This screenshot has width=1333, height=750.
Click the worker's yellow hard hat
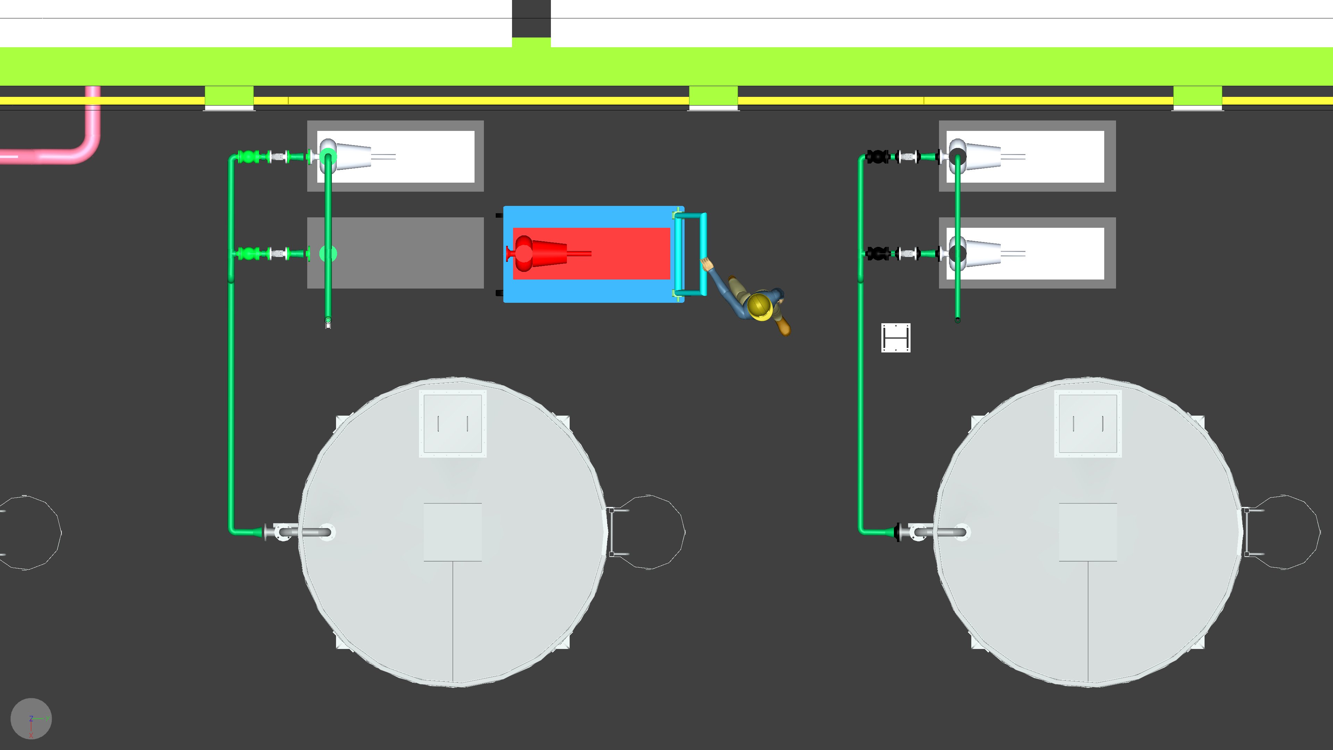tap(760, 306)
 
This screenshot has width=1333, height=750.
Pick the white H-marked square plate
tap(896, 338)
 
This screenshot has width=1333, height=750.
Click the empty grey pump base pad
tap(409, 253)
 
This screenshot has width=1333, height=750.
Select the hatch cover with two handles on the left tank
tap(453, 423)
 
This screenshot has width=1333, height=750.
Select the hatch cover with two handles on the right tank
tap(1088, 423)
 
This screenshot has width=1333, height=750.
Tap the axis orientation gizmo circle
tap(31, 718)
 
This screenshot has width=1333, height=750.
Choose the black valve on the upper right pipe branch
tap(876, 156)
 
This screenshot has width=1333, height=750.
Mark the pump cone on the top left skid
tap(352, 155)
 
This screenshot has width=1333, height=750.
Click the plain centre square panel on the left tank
tap(453, 532)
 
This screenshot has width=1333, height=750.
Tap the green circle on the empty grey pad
tap(328, 253)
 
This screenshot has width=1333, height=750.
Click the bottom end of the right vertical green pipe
tap(957, 320)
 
